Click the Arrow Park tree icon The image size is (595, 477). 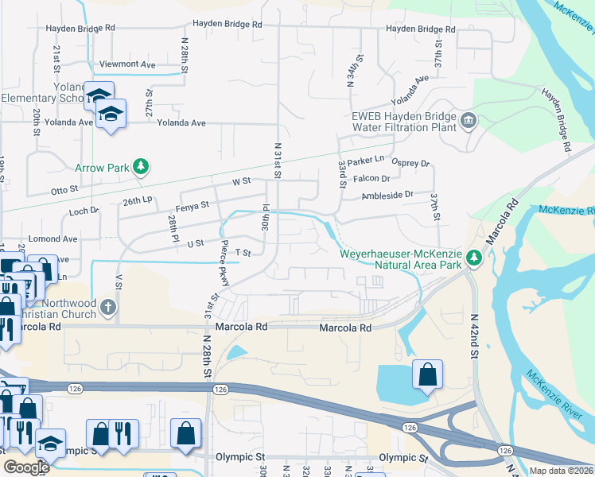[x=141, y=166]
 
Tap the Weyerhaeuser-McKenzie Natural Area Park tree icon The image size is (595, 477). [x=474, y=258]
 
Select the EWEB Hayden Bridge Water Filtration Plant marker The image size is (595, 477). [x=467, y=121]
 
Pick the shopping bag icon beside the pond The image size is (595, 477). [x=427, y=375]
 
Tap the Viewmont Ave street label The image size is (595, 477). [x=127, y=64]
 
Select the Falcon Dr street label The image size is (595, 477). [x=371, y=179]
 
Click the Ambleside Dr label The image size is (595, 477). [x=387, y=195]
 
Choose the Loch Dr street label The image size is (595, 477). [x=84, y=211]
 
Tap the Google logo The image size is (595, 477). [x=26, y=467]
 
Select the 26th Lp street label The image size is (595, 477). [x=137, y=202]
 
